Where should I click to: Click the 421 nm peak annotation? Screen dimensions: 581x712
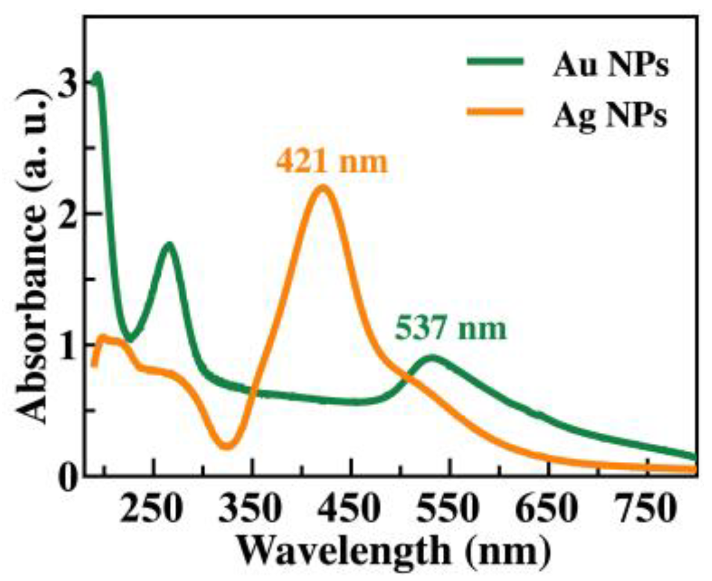[332, 163]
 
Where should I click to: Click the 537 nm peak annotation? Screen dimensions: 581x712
[450, 331]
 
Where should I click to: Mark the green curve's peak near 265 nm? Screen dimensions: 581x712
[169, 244]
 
